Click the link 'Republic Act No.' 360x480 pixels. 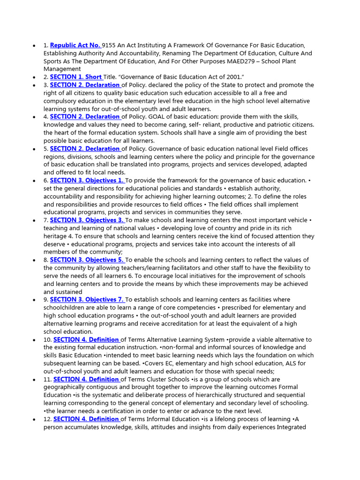tap(75, 45)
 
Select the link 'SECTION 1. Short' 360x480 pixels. tap(76, 77)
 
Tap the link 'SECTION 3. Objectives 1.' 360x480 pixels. tap(87, 180)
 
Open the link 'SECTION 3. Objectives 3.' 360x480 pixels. tap(87, 220)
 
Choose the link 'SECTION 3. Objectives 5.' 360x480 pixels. tap(87, 260)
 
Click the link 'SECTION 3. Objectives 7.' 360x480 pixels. tap(87, 300)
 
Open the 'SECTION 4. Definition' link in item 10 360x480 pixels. tap(87, 339)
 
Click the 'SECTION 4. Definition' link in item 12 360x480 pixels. tap(87, 419)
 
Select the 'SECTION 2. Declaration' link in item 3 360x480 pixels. tap(85, 85)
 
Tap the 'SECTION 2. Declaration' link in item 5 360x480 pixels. tap(85, 149)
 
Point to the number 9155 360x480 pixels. tap(110, 45)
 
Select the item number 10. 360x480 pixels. tap(47, 339)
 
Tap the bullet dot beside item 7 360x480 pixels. tap(34, 221)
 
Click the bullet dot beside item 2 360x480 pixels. tap(34, 77)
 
